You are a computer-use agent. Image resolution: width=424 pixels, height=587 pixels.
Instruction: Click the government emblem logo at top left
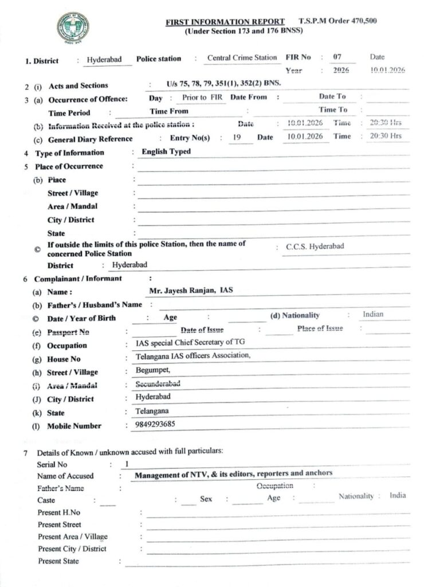point(72,26)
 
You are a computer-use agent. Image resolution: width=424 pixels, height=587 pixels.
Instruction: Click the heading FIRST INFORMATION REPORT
point(225,22)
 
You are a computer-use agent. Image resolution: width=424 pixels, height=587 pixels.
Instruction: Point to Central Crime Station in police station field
point(241,58)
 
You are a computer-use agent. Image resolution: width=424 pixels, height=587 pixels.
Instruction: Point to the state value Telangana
point(152,412)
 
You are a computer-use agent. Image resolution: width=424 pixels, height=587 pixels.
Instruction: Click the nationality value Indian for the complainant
point(373,314)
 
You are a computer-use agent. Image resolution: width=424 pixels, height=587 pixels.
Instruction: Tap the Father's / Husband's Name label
point(95,304)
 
